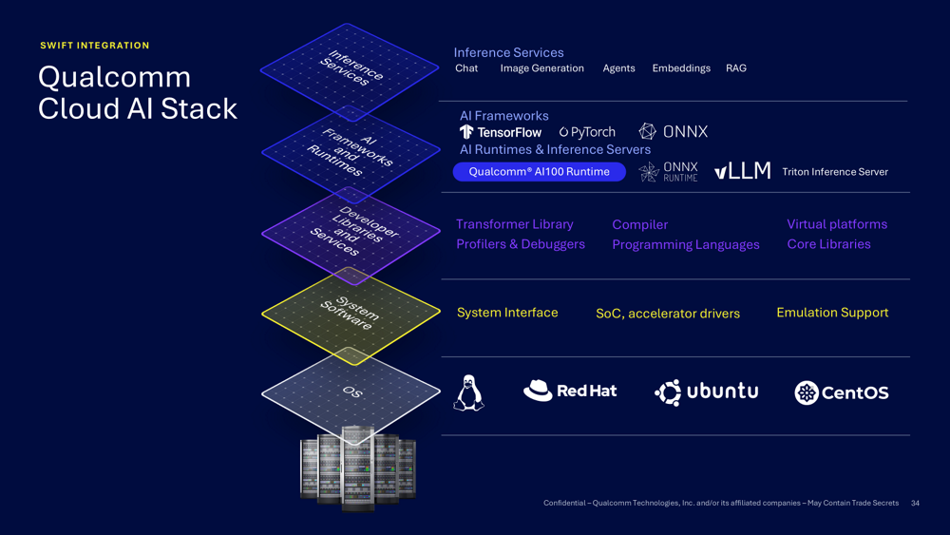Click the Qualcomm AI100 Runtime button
pyautogui.click(x=539, y=172)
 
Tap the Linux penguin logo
pyautogui.click(x=468, y=392)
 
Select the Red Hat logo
pyautogui.click(x=570, y=391)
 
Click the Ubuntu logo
pyautogui.click(x=706, y=392)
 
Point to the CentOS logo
pyautogui.click(x=841, y=392)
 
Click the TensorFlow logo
pyautogui.click(x=501, y=132)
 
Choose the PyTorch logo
pyautogui.click(x=587, y=132)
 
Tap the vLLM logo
pyautogui.click(x=742, y=171)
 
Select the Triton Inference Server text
pyautogui.click(x=834, y=172)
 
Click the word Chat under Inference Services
pyautogui.click(x=466, y=68)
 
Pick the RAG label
pyautogui.click(x=735, y=68)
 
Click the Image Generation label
pyautogui.click(x=541, y=68)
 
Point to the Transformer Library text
pyautogui.click(x=514, y=224)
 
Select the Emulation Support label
pyautogui.click(x=832, y=313)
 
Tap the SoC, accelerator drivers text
pyautogui.click(x=667, y=314)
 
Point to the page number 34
pyautogui.click(x=915, y=504)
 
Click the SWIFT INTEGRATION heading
pyautogui.click(x=94, y=46)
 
